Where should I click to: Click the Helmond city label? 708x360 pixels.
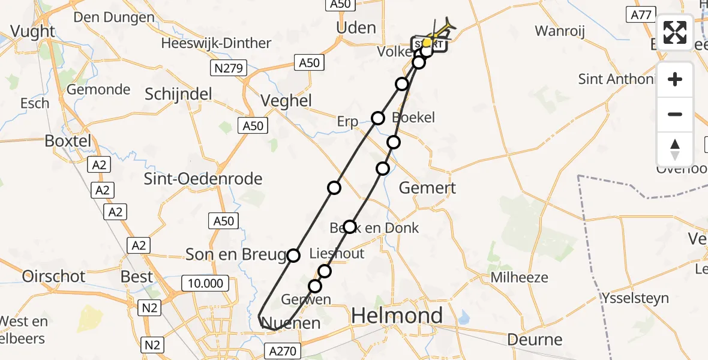(x=397, y=316)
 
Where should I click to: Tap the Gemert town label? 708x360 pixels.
(x=427, y=188)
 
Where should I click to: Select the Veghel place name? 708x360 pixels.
(x=286, y=101)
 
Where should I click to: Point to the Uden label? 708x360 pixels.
(x=356, y=28)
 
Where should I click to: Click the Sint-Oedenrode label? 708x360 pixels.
(x=204, y=179)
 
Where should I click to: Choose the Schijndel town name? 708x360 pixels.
(x=179, y=94)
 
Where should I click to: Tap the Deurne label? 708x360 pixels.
(x=535, y=340)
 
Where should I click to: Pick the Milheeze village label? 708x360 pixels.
(x=519, y=277)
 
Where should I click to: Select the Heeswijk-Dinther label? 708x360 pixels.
(x=216, y=43)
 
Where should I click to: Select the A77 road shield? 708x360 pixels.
(x=640, y=15)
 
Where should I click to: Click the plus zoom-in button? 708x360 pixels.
(x=675, y=80)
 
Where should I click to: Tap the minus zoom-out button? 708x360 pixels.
(x=675, y=114)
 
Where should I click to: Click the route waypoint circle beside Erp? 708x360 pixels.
(x=378, y=118)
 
